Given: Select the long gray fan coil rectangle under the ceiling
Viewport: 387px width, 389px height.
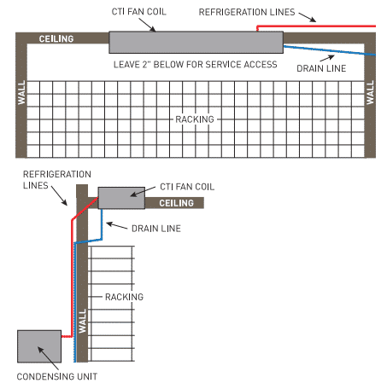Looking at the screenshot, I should coord(196,42).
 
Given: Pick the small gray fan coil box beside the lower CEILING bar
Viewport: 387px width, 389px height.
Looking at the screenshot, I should coord(121,197).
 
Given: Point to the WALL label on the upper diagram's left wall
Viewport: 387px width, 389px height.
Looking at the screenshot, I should coord(21,92).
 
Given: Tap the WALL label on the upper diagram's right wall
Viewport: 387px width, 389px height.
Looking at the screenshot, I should coord(371,92).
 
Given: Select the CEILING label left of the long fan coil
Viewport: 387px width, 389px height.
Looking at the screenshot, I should coord(56,39).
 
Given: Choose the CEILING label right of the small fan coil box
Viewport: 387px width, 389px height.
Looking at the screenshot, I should coord(177,203).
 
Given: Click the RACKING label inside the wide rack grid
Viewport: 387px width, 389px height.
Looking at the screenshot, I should coord(194,119).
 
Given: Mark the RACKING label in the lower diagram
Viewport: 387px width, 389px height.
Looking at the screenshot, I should coord(124,297).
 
